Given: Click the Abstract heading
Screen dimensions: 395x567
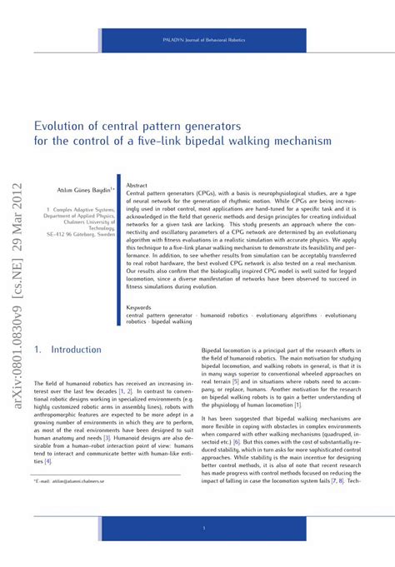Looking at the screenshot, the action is point(137,184).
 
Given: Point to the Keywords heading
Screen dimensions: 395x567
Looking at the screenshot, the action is point(140,307).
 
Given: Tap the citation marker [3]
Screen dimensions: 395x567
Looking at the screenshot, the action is point(107,436).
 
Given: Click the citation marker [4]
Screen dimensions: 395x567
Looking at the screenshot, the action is point(48,460).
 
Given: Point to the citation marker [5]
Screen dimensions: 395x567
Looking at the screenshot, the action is point(236,381).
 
